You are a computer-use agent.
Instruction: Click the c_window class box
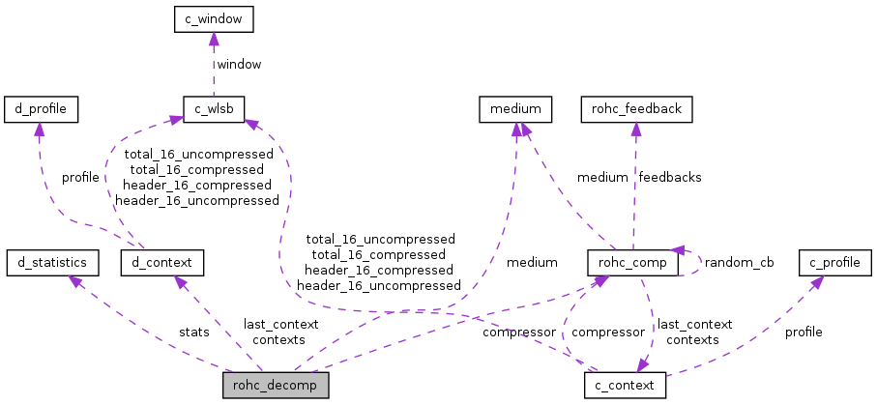(x=213, y=17)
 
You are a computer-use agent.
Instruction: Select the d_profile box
(x=41, y=108)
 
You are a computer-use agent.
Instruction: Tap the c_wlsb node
(x=213, y=108)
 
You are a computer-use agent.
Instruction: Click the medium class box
(x=516, y=108)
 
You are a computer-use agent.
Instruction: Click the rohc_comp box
(x=632, y=261)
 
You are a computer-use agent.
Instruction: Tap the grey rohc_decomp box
(x=276, y=385)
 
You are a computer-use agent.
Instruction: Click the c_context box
(x=625, y=385)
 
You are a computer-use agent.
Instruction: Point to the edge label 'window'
(x=238, y=64)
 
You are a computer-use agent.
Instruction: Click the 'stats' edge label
(x=193, y=332)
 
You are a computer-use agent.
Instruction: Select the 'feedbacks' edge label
(x=670, y=177)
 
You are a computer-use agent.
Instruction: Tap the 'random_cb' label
(x=739, y=262)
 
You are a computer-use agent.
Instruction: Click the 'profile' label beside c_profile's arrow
(x=804, y=332)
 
